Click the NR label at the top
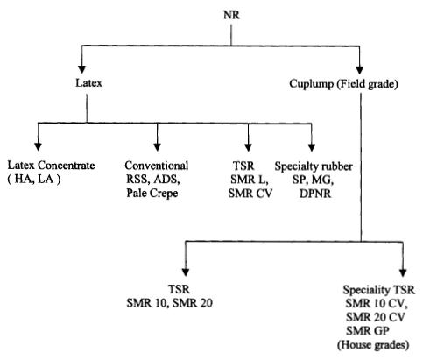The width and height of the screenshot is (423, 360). click(x=231, y=15)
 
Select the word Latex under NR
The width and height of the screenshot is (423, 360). click(x=88, y=83)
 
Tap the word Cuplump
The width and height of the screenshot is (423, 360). click(x=311, y=84)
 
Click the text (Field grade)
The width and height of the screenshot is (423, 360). click(x=367, y=84)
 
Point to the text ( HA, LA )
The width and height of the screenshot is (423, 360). click(x=34, y=179)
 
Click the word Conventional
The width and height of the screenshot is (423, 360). click(x=157, y=166)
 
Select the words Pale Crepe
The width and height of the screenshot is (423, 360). click(x=152, y=194)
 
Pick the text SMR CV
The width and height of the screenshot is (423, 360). click(x=250, y=194)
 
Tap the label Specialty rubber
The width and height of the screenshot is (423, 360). click(x=314, y=166)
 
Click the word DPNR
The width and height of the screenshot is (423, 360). click(x=315, y=194)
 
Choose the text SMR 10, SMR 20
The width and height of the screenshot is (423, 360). click(x=169, y=303)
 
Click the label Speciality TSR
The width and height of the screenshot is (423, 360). click(x=378, y=290)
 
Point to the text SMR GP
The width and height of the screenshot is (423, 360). click(x=368, y=331)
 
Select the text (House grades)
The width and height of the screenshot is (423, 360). click(x=373, y=345)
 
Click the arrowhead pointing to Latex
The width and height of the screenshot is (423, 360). click(x=81, y=69)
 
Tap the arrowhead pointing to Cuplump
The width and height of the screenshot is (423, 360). click(x=360, y=70)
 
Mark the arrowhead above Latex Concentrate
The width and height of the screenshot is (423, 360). click(x=38, y=147)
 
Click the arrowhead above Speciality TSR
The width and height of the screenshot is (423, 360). click(x=403, y=272)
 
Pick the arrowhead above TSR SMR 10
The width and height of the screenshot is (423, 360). click(x=186, y=272)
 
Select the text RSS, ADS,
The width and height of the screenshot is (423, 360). click(x=153, y=180)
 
